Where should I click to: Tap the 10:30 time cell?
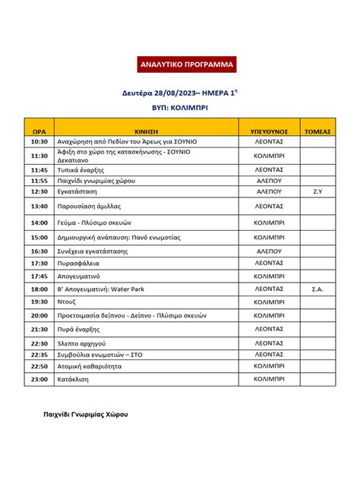pos(39,141)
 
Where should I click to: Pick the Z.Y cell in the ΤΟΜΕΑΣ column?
pos(317,192)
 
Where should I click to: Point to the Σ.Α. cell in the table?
pos(317,289)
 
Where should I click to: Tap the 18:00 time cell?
pos(39,289)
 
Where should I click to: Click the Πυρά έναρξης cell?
pos(79,329)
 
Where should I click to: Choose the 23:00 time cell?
pos(39,377)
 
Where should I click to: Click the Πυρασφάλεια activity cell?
pos(77,263)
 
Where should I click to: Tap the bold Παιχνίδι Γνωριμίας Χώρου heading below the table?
pos(84,415)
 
